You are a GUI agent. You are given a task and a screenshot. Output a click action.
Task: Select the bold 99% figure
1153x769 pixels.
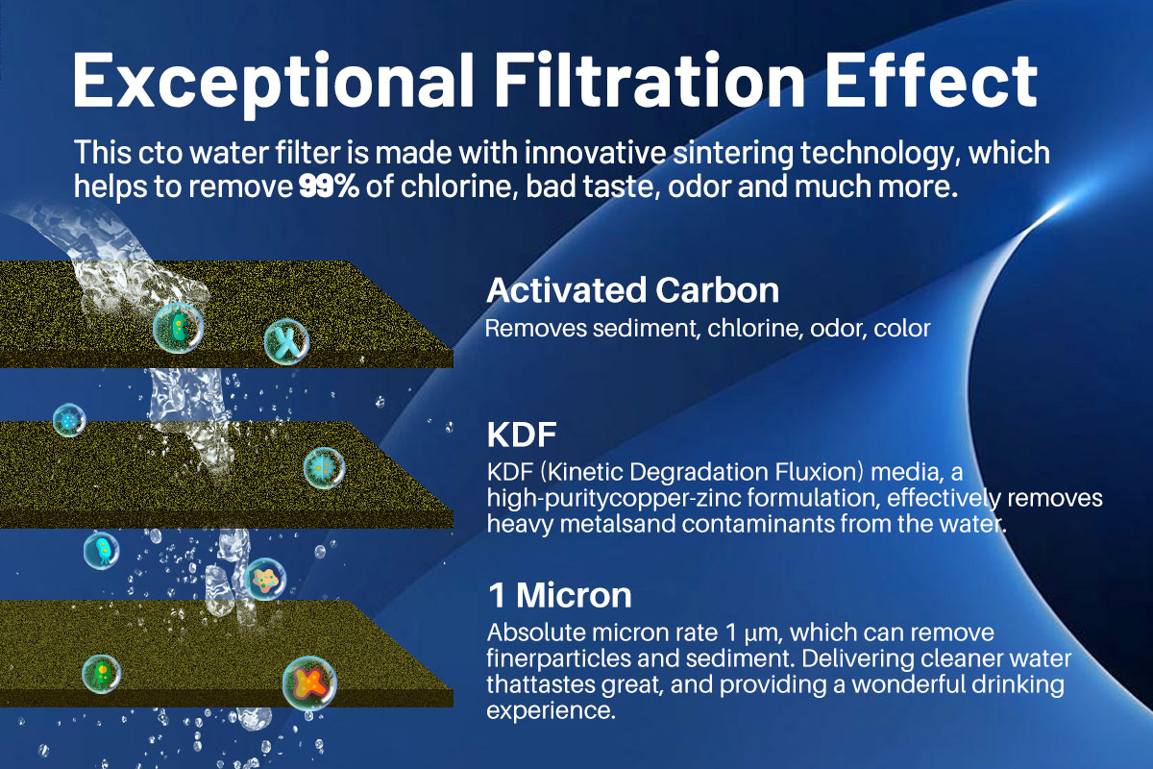click(x=330, y=186)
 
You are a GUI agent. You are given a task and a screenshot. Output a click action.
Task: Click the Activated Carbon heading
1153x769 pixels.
click(x=632, y=289)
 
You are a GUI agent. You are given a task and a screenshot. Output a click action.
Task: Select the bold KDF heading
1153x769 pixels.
click(x=522, y=434)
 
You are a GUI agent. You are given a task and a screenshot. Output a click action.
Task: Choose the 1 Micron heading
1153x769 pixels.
click(x=559, y=595)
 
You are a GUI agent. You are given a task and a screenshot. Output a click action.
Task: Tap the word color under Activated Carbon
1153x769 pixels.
click(x=902, y=329)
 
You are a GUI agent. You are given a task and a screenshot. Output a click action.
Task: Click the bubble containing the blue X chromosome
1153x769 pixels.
click(x=287, y=339)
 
